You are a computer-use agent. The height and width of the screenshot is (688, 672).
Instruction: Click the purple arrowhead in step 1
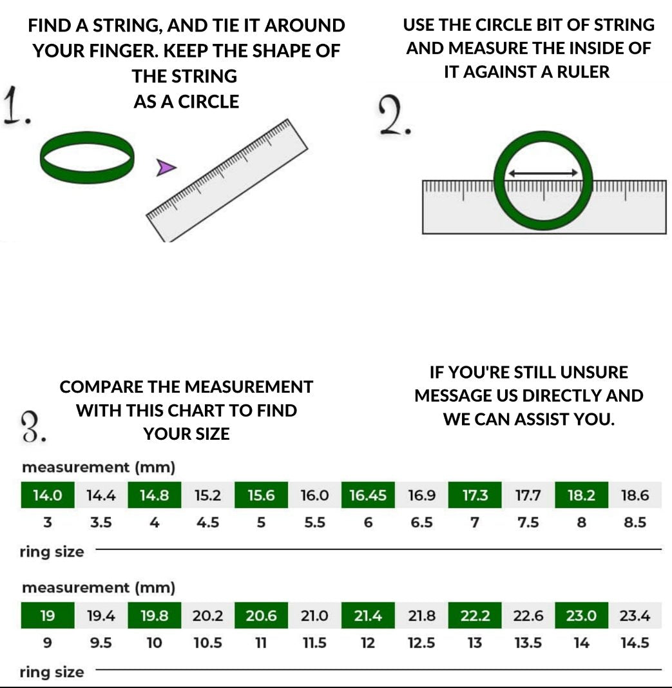click(165, 168)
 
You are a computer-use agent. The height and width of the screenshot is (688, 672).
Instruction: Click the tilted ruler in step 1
click(227, 181)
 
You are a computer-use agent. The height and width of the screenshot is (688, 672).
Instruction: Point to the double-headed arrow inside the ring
click(543, 173)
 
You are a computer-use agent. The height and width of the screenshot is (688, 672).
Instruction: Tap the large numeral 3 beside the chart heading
click(32, 427)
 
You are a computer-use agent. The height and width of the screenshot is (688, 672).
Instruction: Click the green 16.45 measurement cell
click(368, 495)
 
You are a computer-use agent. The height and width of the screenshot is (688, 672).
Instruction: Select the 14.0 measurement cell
click(47, 495)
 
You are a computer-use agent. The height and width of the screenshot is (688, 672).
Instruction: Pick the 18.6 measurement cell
click(635, 495)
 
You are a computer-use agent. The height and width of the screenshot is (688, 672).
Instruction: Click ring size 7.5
click(528, 522)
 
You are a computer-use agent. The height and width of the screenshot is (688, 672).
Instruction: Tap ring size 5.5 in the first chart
click(315, 522)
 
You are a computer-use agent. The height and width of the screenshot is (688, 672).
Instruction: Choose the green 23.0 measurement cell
click(581, 616)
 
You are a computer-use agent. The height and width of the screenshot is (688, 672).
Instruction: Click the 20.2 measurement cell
click(207, 616)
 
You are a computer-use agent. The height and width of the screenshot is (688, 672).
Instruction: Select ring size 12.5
click(421, 643)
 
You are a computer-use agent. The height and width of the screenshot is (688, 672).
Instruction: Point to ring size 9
click(47, 643)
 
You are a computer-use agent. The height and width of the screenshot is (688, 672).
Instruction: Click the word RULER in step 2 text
click(583, 72)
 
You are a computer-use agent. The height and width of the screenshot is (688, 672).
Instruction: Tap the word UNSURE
click(594, 373)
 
